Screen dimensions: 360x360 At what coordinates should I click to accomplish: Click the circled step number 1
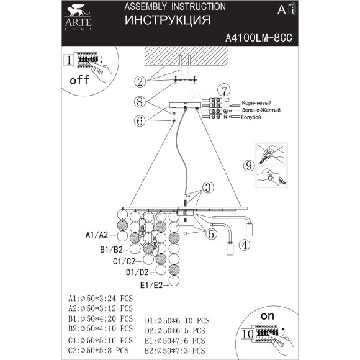point(68,60)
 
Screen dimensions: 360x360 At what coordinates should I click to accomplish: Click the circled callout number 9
point(248,166)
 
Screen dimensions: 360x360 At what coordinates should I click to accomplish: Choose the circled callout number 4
point(245,245)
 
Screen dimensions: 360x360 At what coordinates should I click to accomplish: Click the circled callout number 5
point(210,234)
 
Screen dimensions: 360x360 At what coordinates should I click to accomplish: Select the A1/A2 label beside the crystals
point(97,236)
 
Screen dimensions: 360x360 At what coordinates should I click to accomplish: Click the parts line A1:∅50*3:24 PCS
point(101,298)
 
